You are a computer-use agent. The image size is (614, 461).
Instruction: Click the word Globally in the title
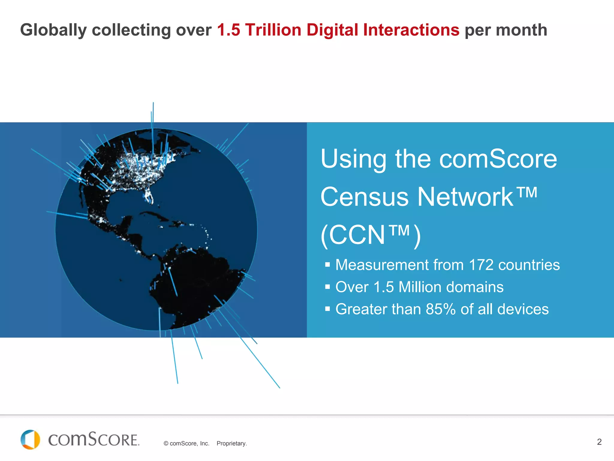tap(53, 30)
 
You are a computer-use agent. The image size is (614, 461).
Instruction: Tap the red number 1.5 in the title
tap(228, 30)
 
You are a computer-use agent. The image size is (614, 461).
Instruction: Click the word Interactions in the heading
tap(411, 30)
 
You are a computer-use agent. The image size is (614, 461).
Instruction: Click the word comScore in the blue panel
tap(498, 159)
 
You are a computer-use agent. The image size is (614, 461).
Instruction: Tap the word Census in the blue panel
tap(364, 197)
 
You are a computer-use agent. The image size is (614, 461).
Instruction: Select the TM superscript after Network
tap(527, 193)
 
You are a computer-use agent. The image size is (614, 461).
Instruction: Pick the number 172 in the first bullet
tap(481, 265)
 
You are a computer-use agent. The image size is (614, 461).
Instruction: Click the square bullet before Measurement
tap(327, 265)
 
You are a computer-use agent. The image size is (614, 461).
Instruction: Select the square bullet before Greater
tap(327, 309)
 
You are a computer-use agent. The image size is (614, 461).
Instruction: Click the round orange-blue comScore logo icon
tap(30, 440)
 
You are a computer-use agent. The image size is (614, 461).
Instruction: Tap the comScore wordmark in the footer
tap(94, 440)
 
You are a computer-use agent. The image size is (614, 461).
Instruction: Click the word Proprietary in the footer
tap(231, 444)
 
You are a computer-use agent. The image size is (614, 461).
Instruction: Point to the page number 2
tap(599, 442)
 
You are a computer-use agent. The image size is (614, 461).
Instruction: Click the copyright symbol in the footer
tap(166, 444)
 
